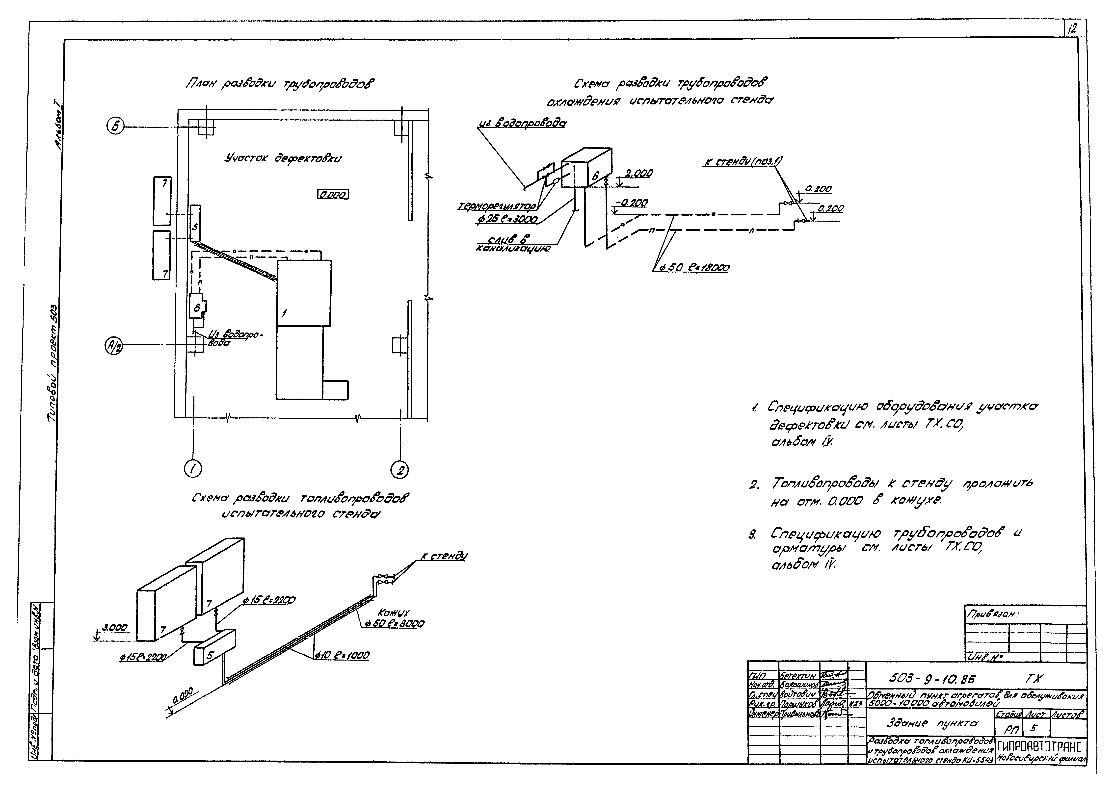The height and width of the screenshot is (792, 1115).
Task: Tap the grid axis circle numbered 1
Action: pyautogui.click(x=193, y=469)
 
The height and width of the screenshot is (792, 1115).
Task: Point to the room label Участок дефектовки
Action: pyautogui.click(x=283, y=158)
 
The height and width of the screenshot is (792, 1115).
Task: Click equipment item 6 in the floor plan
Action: pyautogui.click(x=198, y=307)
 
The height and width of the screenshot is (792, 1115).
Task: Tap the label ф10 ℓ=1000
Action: pyautogui.click(x=341, y=656)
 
